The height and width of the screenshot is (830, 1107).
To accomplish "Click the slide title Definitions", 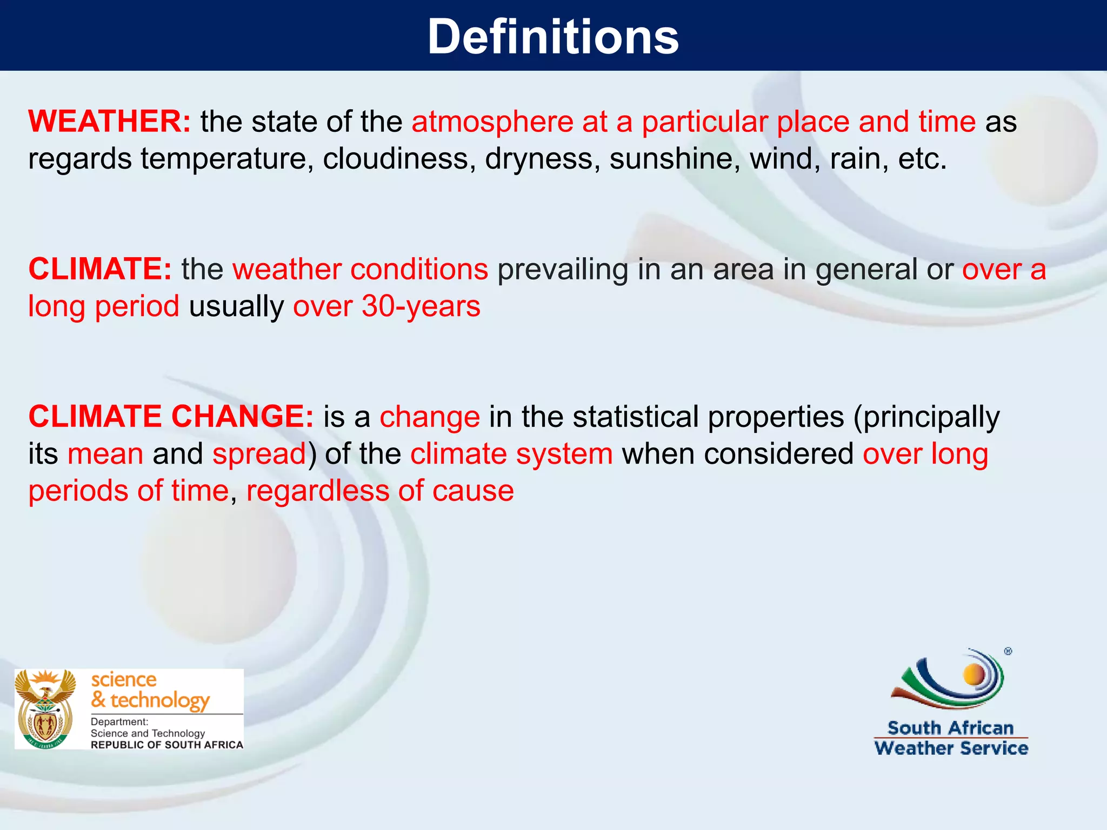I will tap(553, 37).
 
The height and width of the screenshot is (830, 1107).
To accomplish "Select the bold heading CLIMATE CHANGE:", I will tap(171, 417).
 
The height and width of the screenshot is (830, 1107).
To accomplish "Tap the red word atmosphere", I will tap(492, 122).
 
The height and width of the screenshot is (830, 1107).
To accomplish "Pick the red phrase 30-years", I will tap(421, 306).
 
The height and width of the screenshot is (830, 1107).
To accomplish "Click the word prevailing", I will tap(562, 270).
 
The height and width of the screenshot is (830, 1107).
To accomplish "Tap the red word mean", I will tap(105, 454).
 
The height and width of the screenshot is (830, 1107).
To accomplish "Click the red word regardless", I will tap(317, 491).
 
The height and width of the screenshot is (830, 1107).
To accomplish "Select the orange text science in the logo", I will tap(124, 679).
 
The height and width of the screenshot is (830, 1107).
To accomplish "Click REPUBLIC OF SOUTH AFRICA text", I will tap(166, 745).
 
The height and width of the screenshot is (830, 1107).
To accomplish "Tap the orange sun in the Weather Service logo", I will tap(974, 674).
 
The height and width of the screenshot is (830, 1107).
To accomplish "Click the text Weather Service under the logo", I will tap(951, 748).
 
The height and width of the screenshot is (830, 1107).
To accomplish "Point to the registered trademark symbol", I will tap(1008, 651).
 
